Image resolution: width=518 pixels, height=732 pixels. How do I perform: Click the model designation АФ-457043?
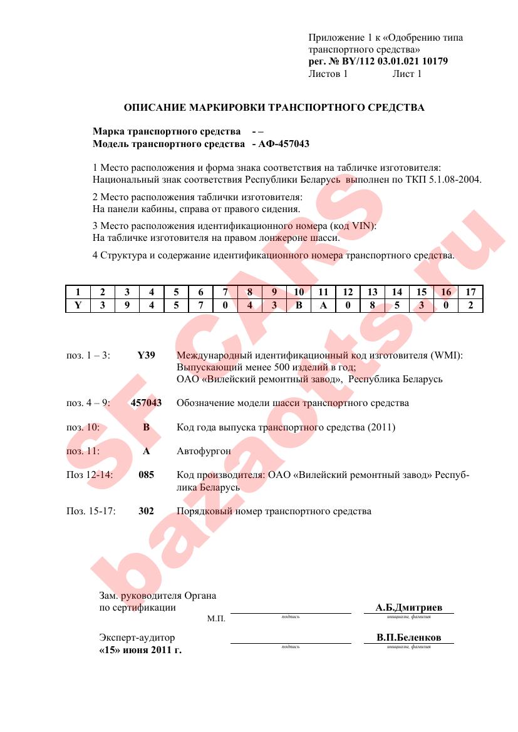pos(283,144)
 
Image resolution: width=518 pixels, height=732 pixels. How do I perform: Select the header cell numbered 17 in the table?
pos(470,292)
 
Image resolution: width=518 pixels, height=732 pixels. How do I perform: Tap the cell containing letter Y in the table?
pos(78,305)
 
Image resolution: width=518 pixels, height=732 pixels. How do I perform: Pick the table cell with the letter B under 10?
pos(299,305)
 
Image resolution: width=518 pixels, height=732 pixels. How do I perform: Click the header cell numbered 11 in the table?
pos(323,292)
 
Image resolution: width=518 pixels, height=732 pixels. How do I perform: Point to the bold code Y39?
pos(146,355)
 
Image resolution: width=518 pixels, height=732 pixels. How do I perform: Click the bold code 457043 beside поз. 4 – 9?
pos(146,403)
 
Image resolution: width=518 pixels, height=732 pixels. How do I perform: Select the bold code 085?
pos(146,475)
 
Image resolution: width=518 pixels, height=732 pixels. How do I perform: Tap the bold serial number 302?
pos(146,511)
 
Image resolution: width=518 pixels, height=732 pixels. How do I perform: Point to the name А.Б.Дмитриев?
pos(408,607)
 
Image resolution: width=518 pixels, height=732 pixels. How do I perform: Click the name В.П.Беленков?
pos(408,638)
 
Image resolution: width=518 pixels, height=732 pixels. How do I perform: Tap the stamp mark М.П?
pos(216,619)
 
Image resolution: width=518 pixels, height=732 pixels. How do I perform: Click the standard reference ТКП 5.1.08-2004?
pos(445,180)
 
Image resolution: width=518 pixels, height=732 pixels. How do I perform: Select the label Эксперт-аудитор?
pos(137,638)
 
